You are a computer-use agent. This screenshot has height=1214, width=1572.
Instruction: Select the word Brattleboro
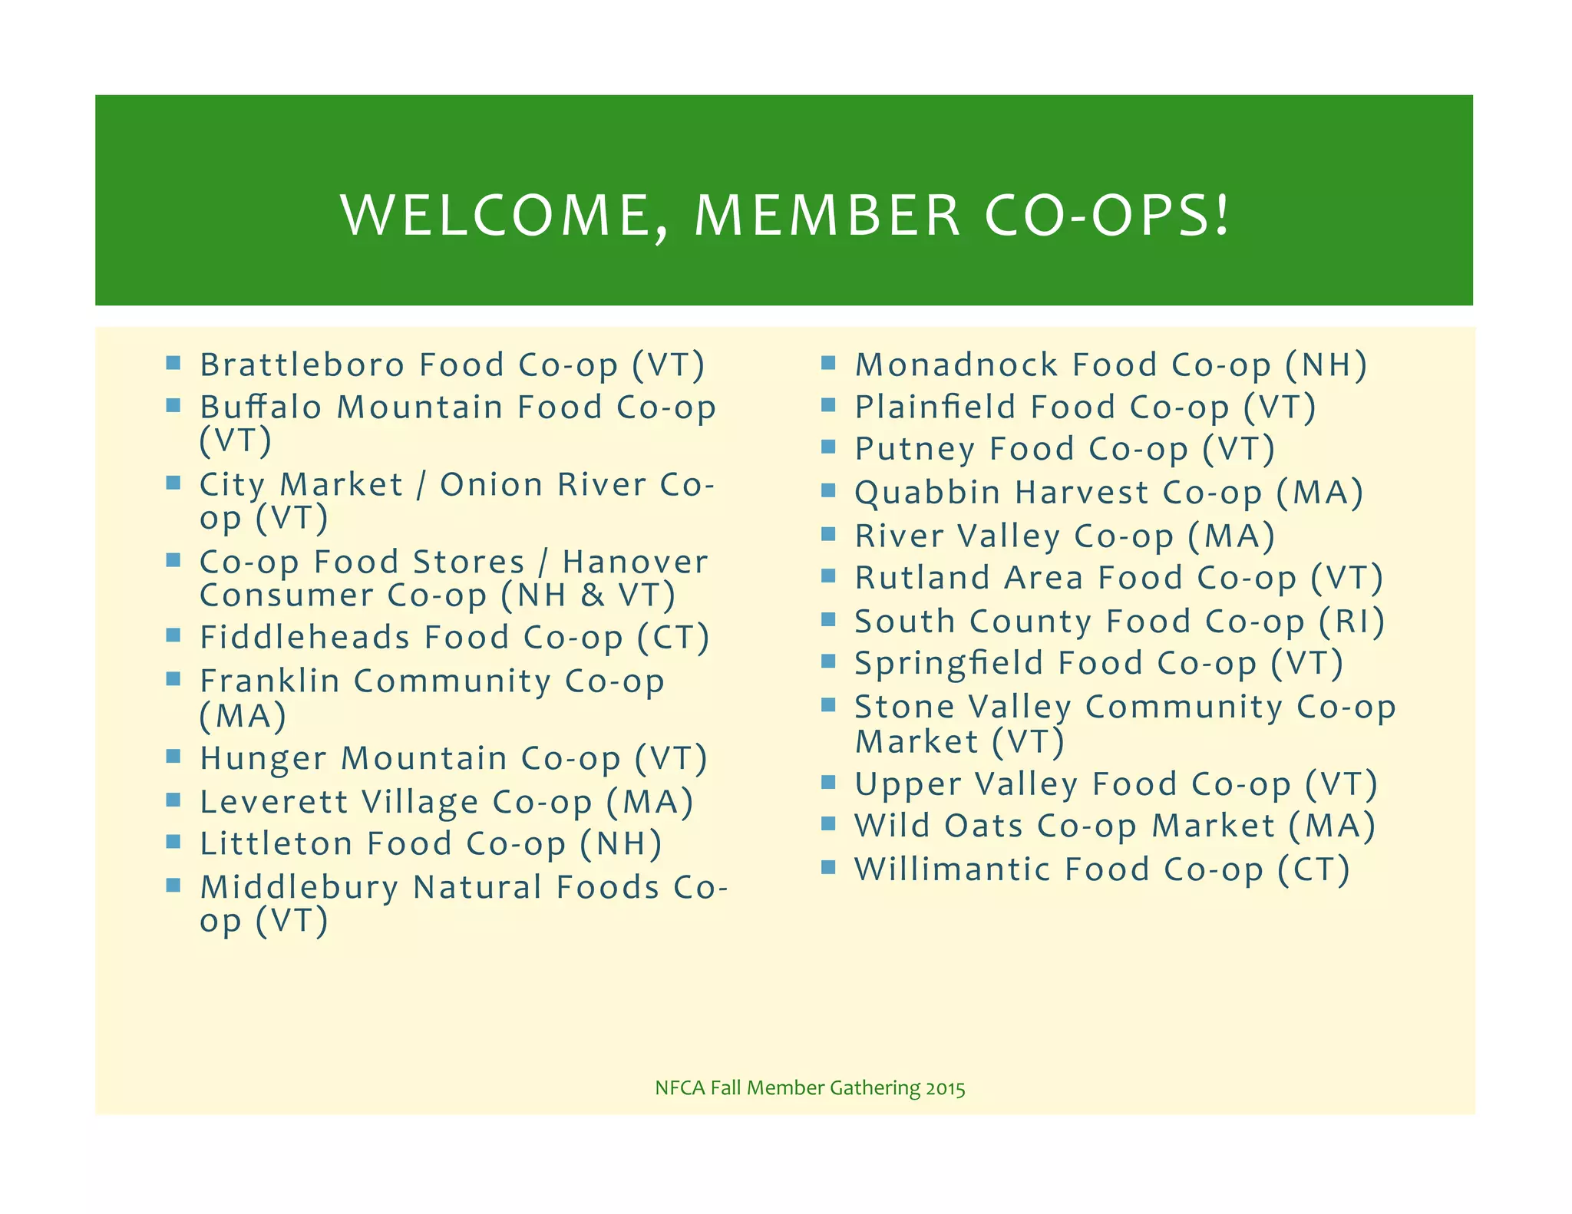302,365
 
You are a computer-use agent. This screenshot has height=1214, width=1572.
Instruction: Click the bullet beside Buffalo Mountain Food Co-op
173,404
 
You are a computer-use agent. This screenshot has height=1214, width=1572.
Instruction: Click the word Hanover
635,562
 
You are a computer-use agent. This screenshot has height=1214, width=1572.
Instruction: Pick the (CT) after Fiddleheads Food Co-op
673,638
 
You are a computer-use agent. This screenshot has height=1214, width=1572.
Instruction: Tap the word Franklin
269,681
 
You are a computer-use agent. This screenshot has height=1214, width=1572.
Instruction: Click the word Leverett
274,802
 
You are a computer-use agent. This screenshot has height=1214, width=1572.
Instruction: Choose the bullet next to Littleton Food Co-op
173,842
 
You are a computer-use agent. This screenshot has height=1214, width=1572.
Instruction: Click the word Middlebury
299,888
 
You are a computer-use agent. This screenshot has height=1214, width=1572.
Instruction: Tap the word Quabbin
927,493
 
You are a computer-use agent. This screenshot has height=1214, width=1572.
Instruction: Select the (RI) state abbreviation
1352,622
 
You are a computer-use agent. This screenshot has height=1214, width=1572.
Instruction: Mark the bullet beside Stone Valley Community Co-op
828,704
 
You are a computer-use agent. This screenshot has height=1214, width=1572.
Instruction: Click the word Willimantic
953,869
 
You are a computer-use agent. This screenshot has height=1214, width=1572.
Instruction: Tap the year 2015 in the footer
946,1088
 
